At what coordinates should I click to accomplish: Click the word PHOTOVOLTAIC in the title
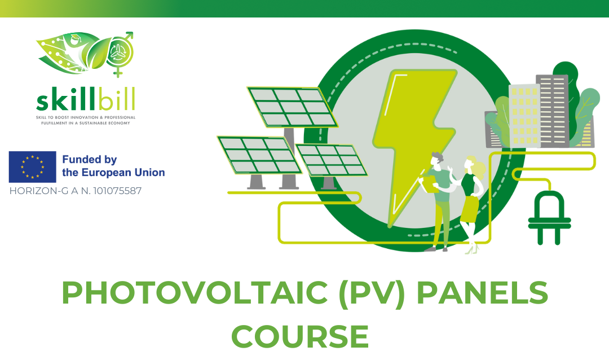[x=195, y=293]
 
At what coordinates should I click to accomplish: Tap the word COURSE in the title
[x=300, y=336]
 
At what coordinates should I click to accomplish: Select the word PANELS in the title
[x=482, y=293]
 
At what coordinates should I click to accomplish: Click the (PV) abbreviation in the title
[x=372, y=293]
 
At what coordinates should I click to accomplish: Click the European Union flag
[x=33, y=167]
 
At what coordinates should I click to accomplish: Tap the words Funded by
[x=89, y=160]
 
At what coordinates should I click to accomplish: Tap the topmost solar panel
[x=293, y=107]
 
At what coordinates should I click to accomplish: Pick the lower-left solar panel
[x=259, y=155]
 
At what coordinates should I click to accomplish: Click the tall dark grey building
[x=552, y=111]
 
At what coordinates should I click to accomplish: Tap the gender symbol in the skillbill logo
[x=120, y=53]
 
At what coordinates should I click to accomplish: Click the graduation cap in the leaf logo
[x=74, y=37]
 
